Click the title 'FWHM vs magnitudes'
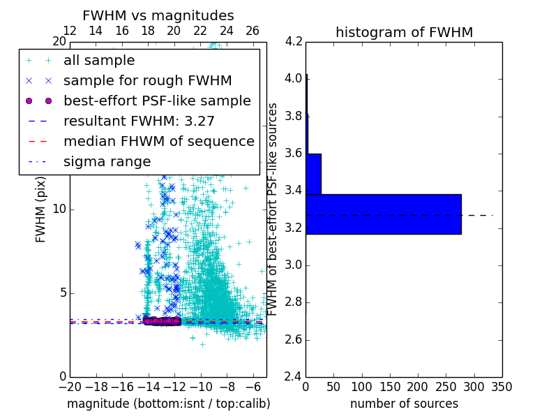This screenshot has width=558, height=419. coord(158,15)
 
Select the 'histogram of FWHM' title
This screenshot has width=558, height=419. coord(404,32)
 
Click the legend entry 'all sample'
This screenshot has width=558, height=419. coord(99,61)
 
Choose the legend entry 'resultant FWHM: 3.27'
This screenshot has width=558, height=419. coord(139,121)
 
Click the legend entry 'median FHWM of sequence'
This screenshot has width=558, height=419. coord(158,141)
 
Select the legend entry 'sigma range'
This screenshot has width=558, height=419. coord(107,161)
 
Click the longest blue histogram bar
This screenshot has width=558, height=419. coord(383,214)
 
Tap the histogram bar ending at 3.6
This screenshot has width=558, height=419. coord(313,174)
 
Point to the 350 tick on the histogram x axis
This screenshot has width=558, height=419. coord(502,386)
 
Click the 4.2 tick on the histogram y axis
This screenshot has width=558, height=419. coord(294,41)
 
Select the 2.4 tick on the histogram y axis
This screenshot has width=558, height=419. coord(294,377)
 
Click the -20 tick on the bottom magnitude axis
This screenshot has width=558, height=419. coord(68,386)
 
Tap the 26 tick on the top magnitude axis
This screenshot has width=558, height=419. coord(252,31)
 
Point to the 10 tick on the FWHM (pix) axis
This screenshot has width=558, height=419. coord(59,209)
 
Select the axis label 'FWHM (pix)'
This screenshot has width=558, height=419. coord(41,209)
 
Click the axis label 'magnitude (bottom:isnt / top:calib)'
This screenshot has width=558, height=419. coord(168,404)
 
